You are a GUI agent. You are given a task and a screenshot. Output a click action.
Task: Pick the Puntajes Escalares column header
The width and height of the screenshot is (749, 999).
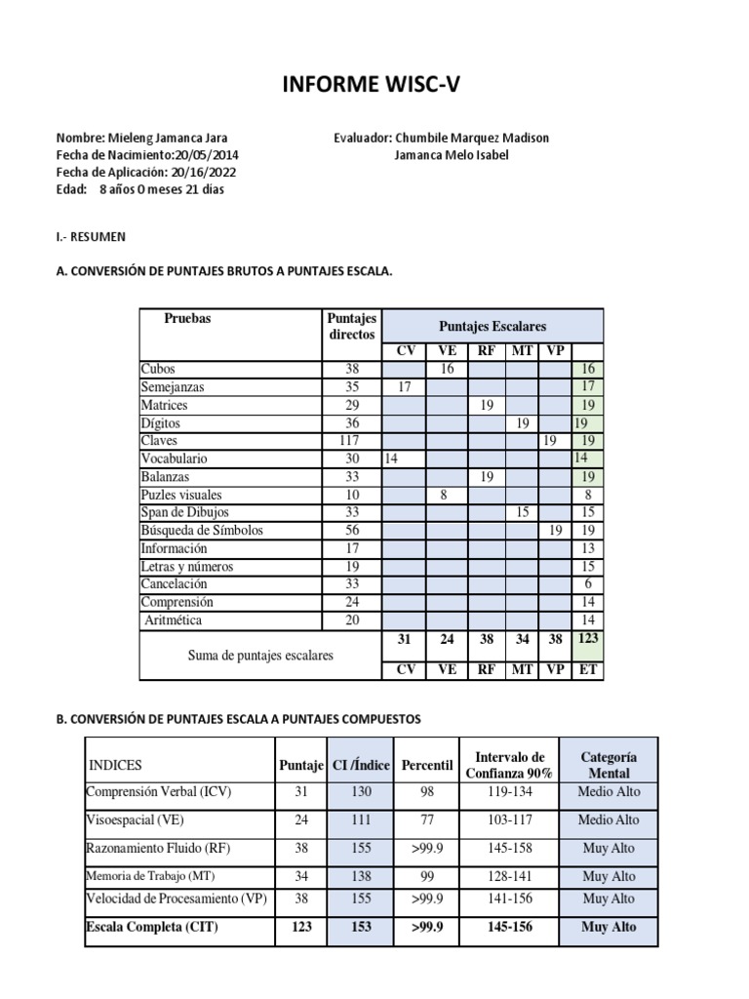coord(492,326)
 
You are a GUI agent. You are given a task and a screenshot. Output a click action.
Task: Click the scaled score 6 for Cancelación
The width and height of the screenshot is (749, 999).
coord(587,584)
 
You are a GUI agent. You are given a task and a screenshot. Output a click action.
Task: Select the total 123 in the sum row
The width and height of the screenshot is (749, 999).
coord(588,638)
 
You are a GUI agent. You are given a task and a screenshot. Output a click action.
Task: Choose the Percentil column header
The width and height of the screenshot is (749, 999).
coord(427,766)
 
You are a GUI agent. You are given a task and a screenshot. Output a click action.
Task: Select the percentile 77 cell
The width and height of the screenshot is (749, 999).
coord(427,820)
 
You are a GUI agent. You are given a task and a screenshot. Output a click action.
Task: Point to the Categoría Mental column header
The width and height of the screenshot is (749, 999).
coord(609,765)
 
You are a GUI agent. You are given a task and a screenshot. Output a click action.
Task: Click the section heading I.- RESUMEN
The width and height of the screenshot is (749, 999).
coord(91,237)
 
